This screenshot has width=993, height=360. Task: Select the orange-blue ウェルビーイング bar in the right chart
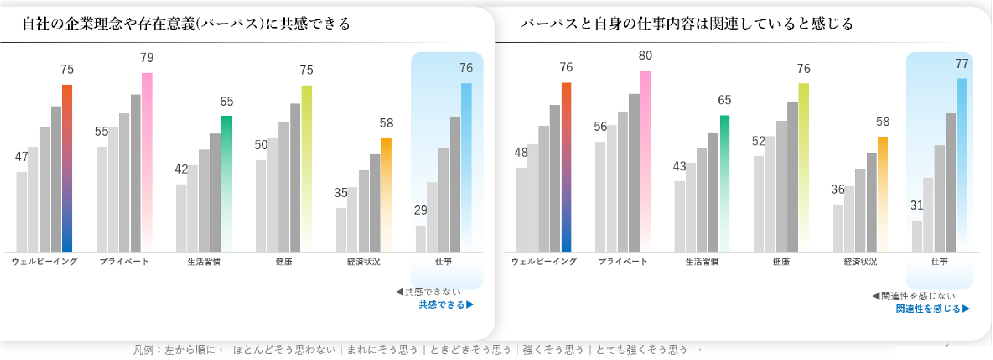coord(566,167)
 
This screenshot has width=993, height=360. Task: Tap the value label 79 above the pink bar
coord(147,58)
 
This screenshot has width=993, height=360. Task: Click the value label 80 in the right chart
coord(645,56)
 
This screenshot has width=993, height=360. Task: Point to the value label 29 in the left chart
coord(420,210)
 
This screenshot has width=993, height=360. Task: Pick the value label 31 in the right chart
coord(917,205)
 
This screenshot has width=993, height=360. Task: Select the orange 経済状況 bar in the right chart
coord(883,194)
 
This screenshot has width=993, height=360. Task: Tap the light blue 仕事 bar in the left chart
coord(466,167)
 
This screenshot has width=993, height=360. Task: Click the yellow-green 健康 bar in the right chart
coord(803,167)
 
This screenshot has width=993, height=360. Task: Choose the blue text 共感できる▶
coord(446,305)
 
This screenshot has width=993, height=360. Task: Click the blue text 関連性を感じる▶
coord(932,309)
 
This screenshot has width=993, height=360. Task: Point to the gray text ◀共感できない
coord(428,292)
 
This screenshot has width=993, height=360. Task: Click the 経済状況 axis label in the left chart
coord(364,262)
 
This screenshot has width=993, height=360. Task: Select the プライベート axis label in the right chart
coord(622,262)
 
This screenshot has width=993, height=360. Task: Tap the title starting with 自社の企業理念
coord(186,24)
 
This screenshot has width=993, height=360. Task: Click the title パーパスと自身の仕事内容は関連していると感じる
coord(687,24)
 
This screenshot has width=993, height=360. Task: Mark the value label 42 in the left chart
coord(181,169)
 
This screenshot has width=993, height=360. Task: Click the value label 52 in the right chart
coord(758,141)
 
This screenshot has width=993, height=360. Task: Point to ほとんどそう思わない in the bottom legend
coord(284,350)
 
